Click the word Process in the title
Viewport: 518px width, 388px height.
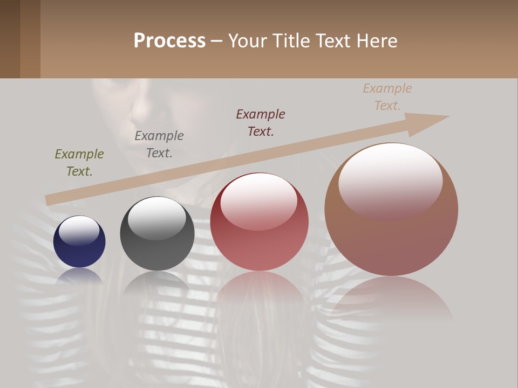[169, 41]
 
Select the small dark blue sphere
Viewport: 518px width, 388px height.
[79, 241]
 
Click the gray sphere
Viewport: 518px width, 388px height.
[157, 234]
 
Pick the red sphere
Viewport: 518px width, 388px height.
[259, 222]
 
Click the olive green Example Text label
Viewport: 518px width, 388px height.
[79, 163]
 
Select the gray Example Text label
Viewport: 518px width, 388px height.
[159, 144]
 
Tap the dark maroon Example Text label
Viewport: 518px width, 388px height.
[261, 122]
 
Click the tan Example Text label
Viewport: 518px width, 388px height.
[387, 97]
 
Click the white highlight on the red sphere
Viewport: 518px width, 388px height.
[259, 200]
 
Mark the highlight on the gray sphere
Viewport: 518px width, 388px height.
[157, 218]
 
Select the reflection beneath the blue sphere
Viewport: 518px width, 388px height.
[79, 275]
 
